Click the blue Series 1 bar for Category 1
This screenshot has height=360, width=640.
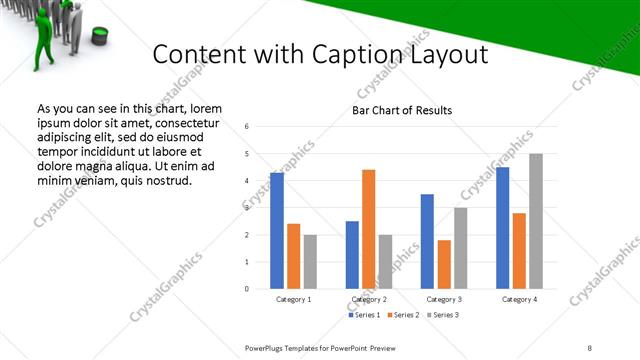tap(277, 231)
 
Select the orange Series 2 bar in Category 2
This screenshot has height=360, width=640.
tap(368, 229)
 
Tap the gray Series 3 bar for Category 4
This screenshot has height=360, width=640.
tap(536, 221)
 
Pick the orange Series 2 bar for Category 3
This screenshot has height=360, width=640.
tap(444, 264)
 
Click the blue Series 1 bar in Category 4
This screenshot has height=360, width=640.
tap(502, 228)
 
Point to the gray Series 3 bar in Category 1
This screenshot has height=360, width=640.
tap(310, 262)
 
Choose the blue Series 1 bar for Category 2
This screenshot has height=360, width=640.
tap(352, 255)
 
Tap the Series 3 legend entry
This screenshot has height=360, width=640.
tap(443, 315)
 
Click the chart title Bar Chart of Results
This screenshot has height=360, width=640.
tap(402, 110)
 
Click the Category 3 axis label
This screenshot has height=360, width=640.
tap(444, 299)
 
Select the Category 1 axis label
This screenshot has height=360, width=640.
tap(293, 299)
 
